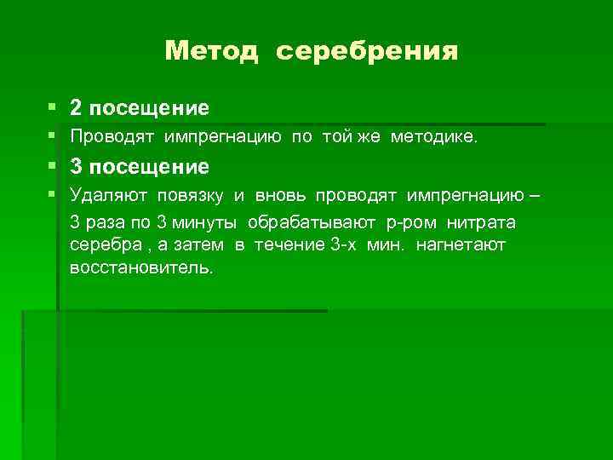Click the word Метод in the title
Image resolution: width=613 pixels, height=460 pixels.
[211, 52]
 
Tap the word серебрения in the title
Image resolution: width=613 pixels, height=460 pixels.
[367, 52]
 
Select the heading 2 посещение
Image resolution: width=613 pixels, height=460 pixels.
[140, 108]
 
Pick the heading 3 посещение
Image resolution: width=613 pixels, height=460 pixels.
[140, 165]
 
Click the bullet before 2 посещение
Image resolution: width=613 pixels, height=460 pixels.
[53, 108]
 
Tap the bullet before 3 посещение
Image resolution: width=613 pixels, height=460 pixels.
[53, 165]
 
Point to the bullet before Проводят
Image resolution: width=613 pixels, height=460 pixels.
[53, 136]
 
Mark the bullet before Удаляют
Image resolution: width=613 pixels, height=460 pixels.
[53, 194]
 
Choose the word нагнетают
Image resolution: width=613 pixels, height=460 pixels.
[461, 245]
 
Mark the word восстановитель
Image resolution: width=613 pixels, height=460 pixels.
[142, 268]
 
